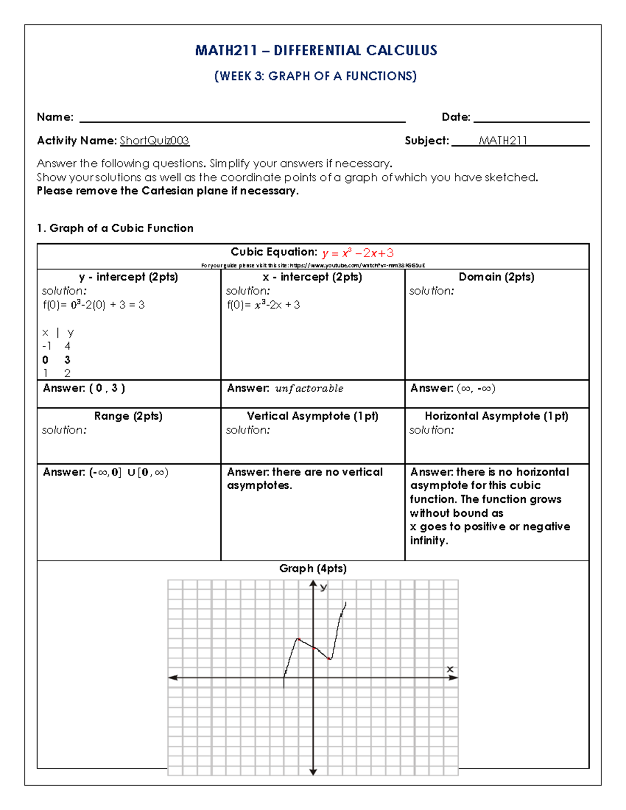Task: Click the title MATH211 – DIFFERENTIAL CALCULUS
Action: point(316,51)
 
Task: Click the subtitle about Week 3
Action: point(315,76)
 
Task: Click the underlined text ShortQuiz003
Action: point(154,141)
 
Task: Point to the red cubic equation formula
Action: point(358,253)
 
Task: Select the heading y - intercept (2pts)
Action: point(128,277)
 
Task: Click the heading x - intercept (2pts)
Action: point(312,277)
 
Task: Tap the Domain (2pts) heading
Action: point(496,277)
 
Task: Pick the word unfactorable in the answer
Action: point(309,389)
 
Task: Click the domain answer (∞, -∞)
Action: point(476,389)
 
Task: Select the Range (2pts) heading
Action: point(128,416)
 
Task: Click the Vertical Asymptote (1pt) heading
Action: point(312,416)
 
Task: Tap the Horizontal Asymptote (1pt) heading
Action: point(496,416)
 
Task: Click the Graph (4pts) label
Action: point(312,569)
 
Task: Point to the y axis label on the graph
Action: point(323,587)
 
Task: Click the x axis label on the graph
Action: point(450,669)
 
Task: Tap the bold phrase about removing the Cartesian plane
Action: point(167,191)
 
